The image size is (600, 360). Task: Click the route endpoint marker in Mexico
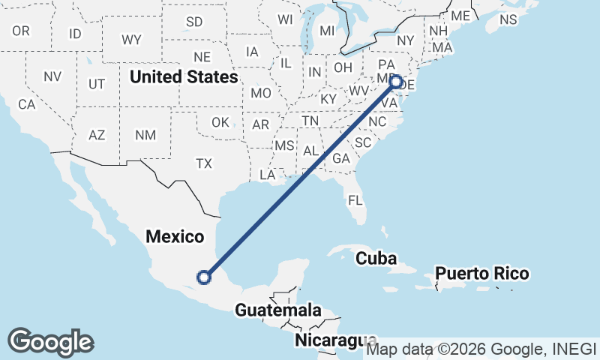click(x=203, y=277)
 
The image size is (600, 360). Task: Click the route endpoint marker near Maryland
click(x=397, y=82)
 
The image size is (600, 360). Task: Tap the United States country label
click(x=184, y=76)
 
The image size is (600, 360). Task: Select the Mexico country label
click(x=175, y=237)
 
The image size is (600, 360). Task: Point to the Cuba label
click(x=376, y=258)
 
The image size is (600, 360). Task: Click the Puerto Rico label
click(x=482, y=274)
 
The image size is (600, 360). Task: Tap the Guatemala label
click(x=278, y=310)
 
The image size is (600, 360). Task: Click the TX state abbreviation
click(x=204, y=163)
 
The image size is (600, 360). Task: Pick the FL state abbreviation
click(x=355, y=200)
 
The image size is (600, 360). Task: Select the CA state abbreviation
click(x=27, y=105)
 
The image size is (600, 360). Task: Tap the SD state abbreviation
click(x=194, y=22)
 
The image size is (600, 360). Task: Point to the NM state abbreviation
click(x=145, y=135)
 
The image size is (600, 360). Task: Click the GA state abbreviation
click(x=341, y=158)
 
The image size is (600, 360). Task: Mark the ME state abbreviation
click(x=460, y=16)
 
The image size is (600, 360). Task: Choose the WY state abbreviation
click(x=131, y=40)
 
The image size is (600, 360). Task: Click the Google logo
click(x=50, y=342)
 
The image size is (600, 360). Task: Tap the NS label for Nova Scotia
click(x=508, y=19)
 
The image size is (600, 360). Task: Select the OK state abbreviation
click(x=220, y=122)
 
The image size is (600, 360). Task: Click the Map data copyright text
click(x=480, y=349)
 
